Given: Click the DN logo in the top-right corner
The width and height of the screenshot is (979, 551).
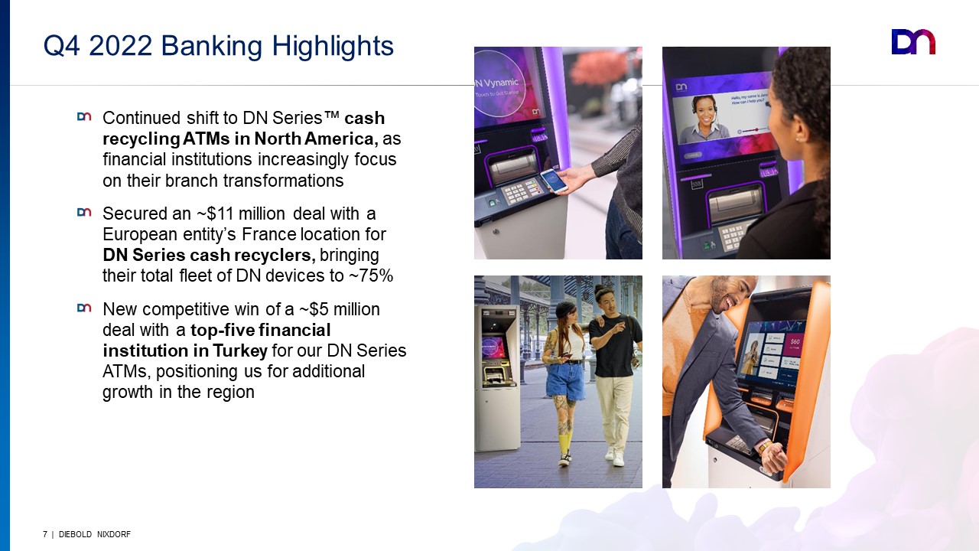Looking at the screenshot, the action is [x=913, y=42].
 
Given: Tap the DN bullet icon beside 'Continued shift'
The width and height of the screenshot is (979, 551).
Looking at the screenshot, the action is [x=84, y=117].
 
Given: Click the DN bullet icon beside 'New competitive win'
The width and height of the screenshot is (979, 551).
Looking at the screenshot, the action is [x=84, y=308].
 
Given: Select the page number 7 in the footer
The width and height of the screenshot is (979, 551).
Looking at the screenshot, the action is [x=45, y=534].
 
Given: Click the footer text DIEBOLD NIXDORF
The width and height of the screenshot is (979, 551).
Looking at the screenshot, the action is [x=94, y=534].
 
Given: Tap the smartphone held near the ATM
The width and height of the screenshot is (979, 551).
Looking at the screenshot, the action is [x=554, y=181].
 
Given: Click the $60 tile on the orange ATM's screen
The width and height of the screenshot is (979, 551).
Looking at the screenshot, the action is [x=795, y=343].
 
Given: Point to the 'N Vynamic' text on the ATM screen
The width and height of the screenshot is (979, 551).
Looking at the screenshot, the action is [x=497, y=83].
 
